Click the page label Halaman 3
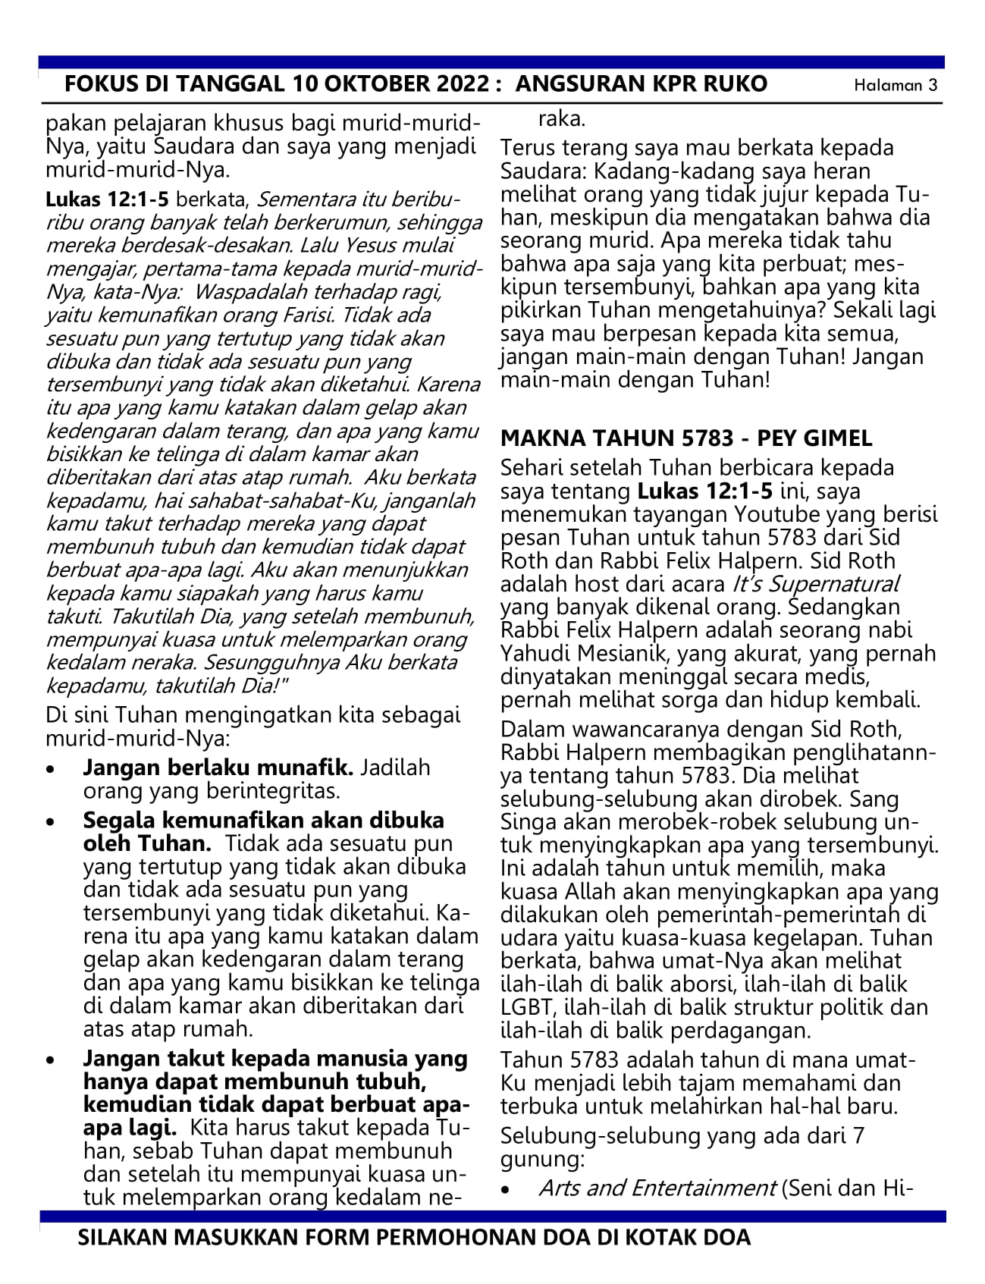896,85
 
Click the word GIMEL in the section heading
836,438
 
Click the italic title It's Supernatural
816,584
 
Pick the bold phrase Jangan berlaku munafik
218,768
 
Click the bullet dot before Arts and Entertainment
507,1191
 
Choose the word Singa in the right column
525,822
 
